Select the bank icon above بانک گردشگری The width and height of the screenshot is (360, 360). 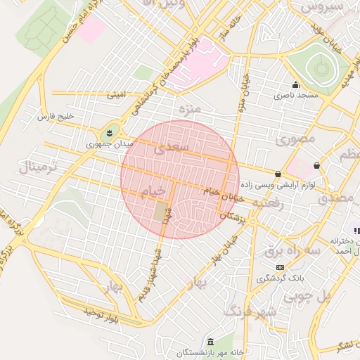click(281, 268)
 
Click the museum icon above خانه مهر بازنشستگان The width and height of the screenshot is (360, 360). click(210, 342)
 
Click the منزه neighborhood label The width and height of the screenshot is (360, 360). click(190, 109)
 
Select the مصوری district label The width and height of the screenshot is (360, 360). click(292, 139)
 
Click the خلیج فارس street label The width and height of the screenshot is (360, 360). click(56, 115)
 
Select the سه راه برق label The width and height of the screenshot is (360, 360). click(292, 250)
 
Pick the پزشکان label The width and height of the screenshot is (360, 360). click(234, 219)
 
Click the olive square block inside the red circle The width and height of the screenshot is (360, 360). click(162, 213)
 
